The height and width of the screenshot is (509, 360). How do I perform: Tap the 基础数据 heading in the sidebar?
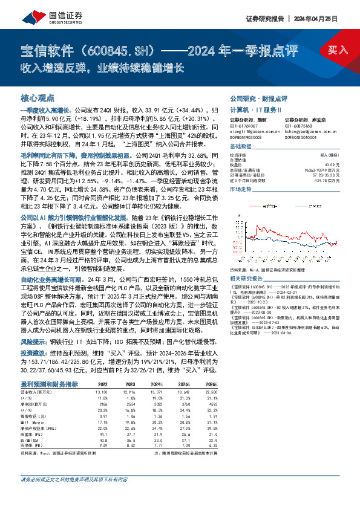point(241,146)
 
